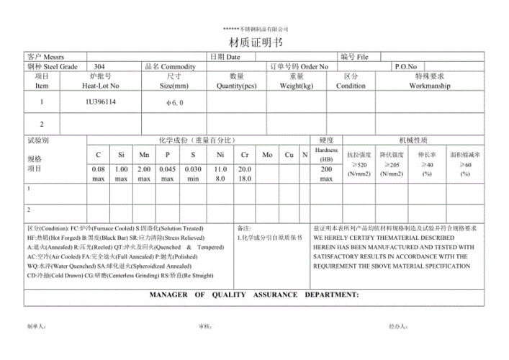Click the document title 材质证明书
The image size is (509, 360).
tap(255, 42)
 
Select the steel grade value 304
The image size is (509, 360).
tap(99, 66)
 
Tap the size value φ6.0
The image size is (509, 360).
tap(175, 103)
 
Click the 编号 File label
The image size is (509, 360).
tap(353, 56)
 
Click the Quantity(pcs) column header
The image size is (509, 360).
tap(237, 85)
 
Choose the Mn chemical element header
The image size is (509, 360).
tap(144, 154)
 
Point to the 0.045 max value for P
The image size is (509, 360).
tap(167, 174)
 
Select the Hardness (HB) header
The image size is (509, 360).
tap(326, 153)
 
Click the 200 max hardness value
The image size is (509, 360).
tap(326, 174)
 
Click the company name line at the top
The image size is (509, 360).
tap(255, 28)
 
